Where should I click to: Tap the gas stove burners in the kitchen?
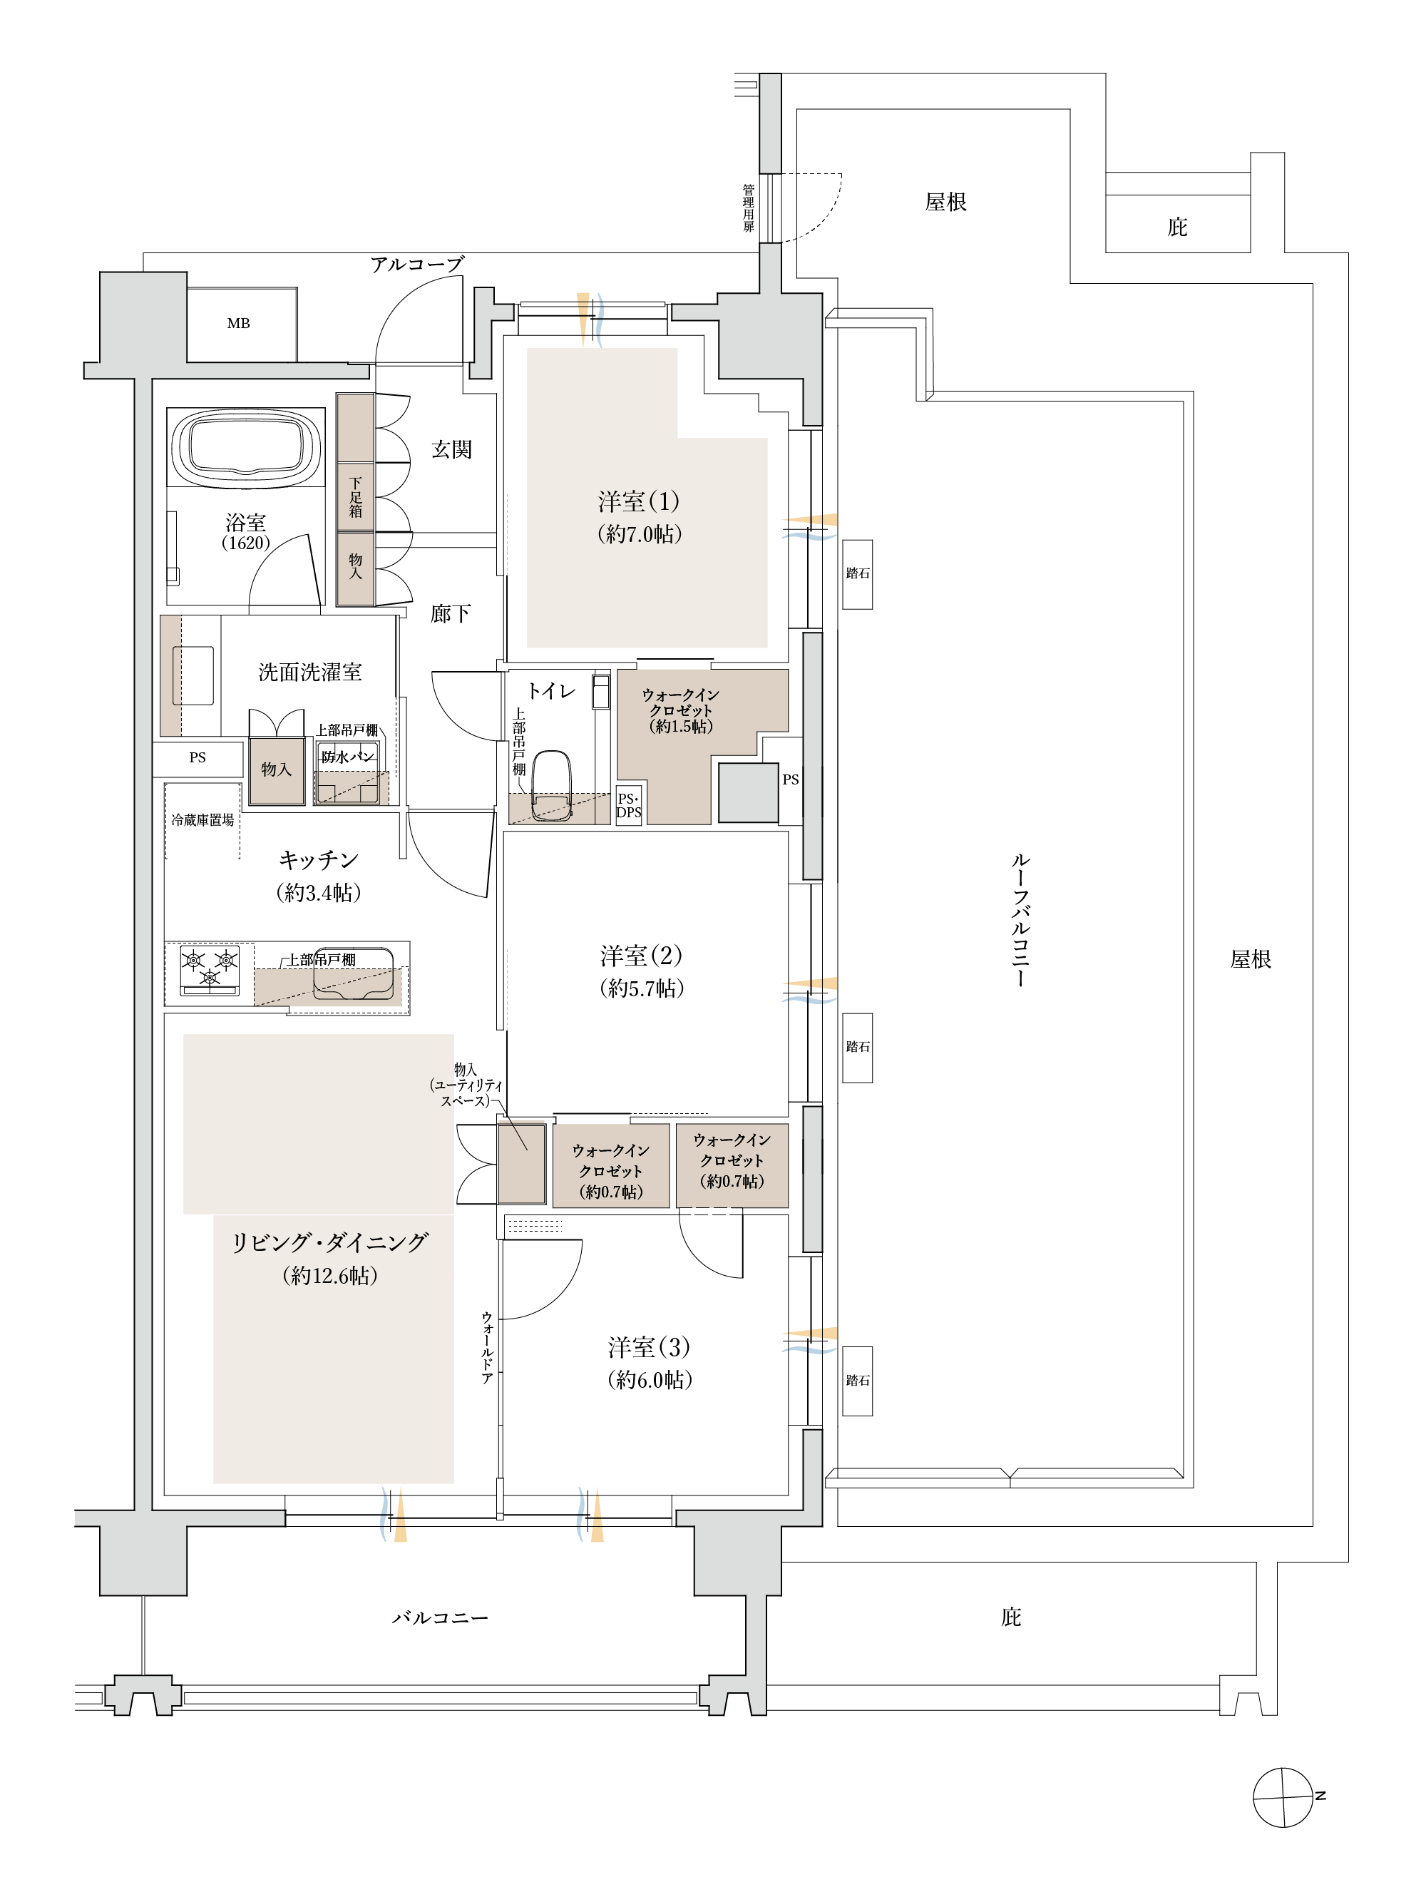210,970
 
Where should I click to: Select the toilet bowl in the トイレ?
551,785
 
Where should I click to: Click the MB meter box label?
238,323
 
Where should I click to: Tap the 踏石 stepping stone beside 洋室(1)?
858,574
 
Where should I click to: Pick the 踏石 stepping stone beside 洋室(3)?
858,1381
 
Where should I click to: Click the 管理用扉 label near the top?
749,208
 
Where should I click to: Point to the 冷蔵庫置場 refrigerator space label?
202,820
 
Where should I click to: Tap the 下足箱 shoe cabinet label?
356,498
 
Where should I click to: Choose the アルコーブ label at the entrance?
417,265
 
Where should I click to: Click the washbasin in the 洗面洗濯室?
193,675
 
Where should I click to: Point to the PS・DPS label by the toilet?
629,806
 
